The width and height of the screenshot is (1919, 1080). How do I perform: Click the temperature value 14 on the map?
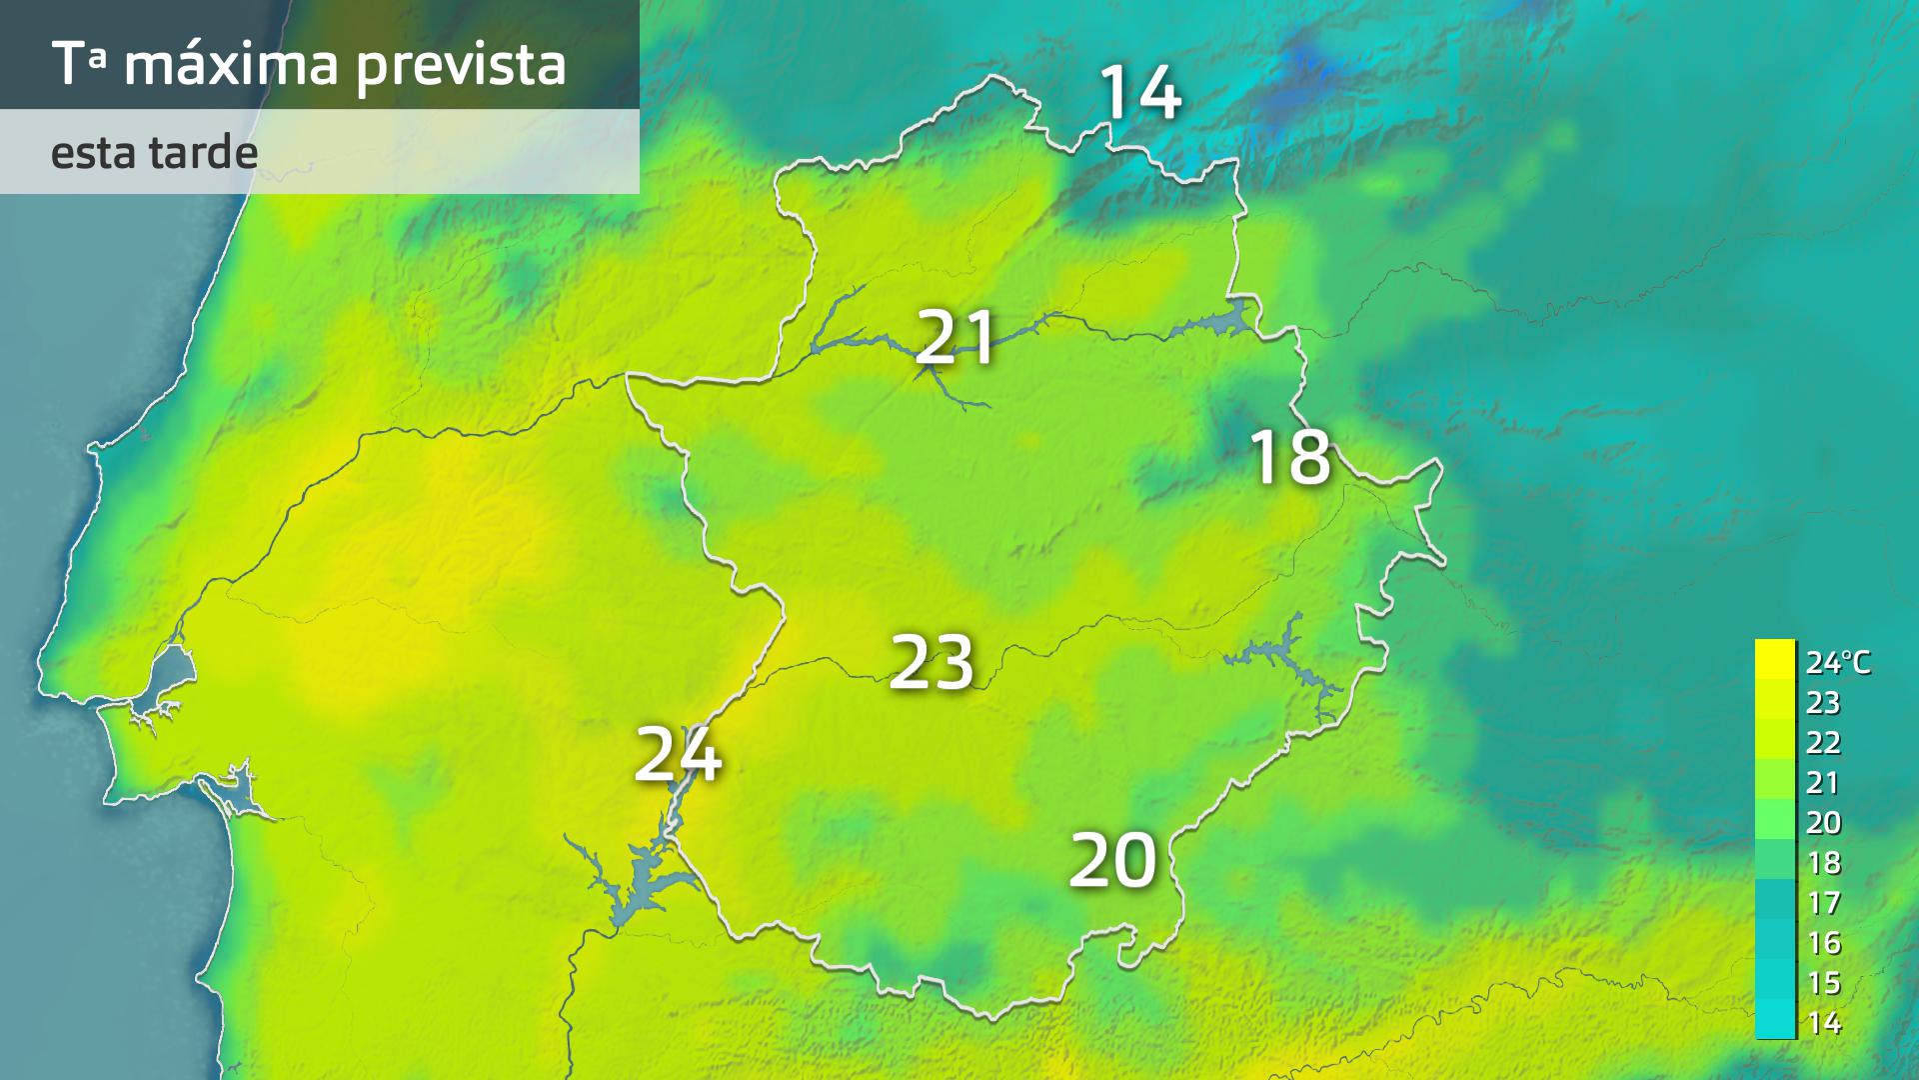pos(1140,93)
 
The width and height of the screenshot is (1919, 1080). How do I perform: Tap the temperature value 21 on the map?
pos(957,337)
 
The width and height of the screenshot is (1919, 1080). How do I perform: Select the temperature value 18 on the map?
pos(1290,458)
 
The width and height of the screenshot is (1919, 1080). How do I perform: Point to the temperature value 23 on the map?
pos(932,662)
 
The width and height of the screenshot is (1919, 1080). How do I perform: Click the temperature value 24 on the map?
pos(678,754)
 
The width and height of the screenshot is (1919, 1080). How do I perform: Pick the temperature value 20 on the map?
pos(1112,860)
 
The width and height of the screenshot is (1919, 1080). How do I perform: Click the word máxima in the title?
pos(232,64)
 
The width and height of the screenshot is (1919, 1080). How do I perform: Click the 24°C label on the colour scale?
pos(1837,662)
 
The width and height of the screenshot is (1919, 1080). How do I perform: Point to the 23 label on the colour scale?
pos(1823,703)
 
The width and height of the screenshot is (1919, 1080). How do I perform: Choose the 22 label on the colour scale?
pos(1823,743)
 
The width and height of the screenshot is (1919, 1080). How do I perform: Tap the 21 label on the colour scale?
pos(1823,783)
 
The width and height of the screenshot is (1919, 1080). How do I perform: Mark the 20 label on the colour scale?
pos(1823,823)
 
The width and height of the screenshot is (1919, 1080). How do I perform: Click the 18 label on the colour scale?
pos(1823,863)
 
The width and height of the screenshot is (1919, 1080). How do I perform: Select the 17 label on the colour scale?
pos(1823,903)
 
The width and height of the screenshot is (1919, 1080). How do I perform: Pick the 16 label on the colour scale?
pos(1823,943)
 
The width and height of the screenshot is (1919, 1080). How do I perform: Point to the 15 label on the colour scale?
pos(1823,983)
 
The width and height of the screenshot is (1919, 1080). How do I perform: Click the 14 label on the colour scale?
pos(1823,1023)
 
